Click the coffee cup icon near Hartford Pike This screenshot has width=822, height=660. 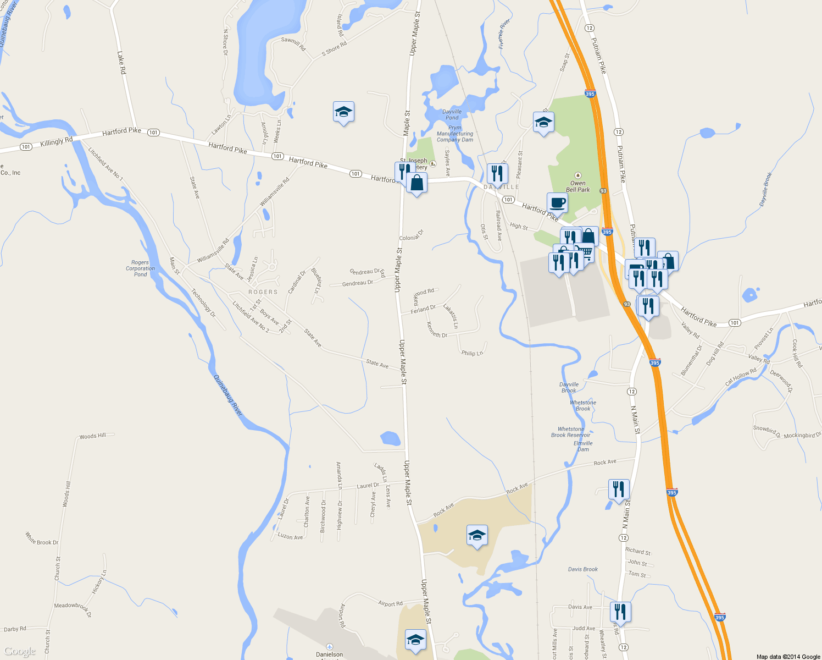pos(557,202)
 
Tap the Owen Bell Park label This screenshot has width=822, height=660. pos(578,186)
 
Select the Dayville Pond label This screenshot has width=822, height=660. pos(452,114)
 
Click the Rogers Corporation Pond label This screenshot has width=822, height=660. pos(140,268)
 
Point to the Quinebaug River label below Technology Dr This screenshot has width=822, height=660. pos(227,395)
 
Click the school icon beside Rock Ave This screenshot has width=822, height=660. pos(476,535)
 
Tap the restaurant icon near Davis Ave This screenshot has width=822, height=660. pos(620,612)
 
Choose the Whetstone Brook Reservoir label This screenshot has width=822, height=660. pos(571,432)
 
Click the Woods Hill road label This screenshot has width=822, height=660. pos(92,436)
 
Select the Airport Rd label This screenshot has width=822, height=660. pos(390,603)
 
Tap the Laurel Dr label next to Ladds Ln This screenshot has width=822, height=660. pos(368,486)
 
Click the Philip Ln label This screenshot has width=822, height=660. pos(472,353)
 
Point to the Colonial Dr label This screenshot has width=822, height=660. pos(412,235)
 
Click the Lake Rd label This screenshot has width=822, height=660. pos(121,63)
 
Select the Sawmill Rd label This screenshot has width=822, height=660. pos(293,44)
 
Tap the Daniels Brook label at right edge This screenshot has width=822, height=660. pos(767,190)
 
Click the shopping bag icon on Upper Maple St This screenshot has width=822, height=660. pos(417,183)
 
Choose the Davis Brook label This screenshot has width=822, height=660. pos(583,569)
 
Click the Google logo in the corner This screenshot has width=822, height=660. pos(20,651)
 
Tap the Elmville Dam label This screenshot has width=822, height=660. pos(583,446)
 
